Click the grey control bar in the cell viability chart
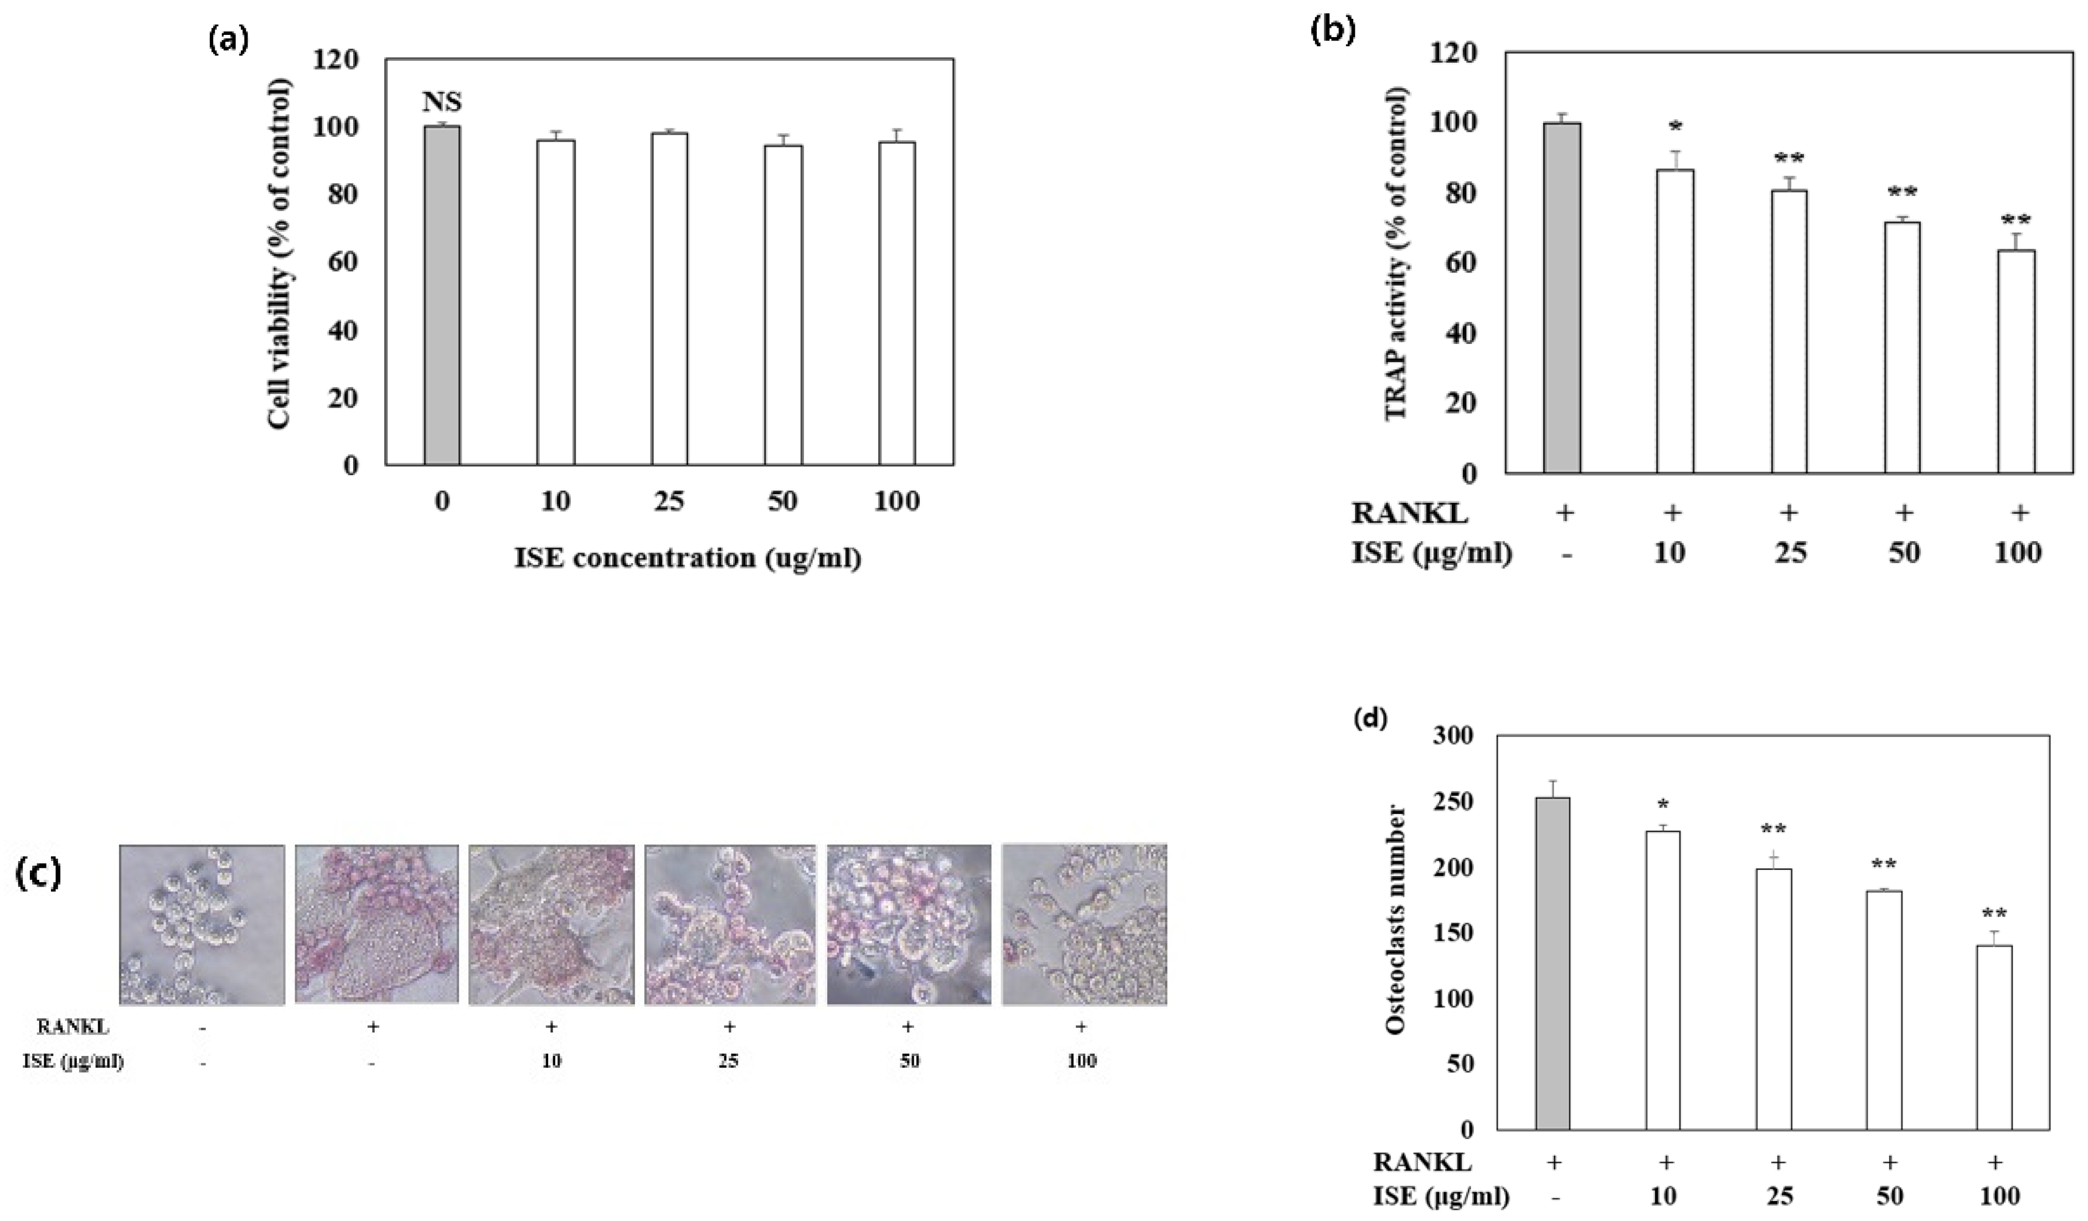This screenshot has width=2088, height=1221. pos(442,296)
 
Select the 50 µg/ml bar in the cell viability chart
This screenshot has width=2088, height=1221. pos(783,305)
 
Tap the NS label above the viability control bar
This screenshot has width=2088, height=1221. pos(442,102)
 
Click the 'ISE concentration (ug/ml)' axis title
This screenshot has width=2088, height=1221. pos(688,558)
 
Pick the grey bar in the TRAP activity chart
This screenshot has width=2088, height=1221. pos(1562,298)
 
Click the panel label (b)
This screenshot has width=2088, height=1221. pos(1332,30)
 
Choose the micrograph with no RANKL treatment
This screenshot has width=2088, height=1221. pos(202,924)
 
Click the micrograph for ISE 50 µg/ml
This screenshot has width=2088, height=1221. pos(909,924)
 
